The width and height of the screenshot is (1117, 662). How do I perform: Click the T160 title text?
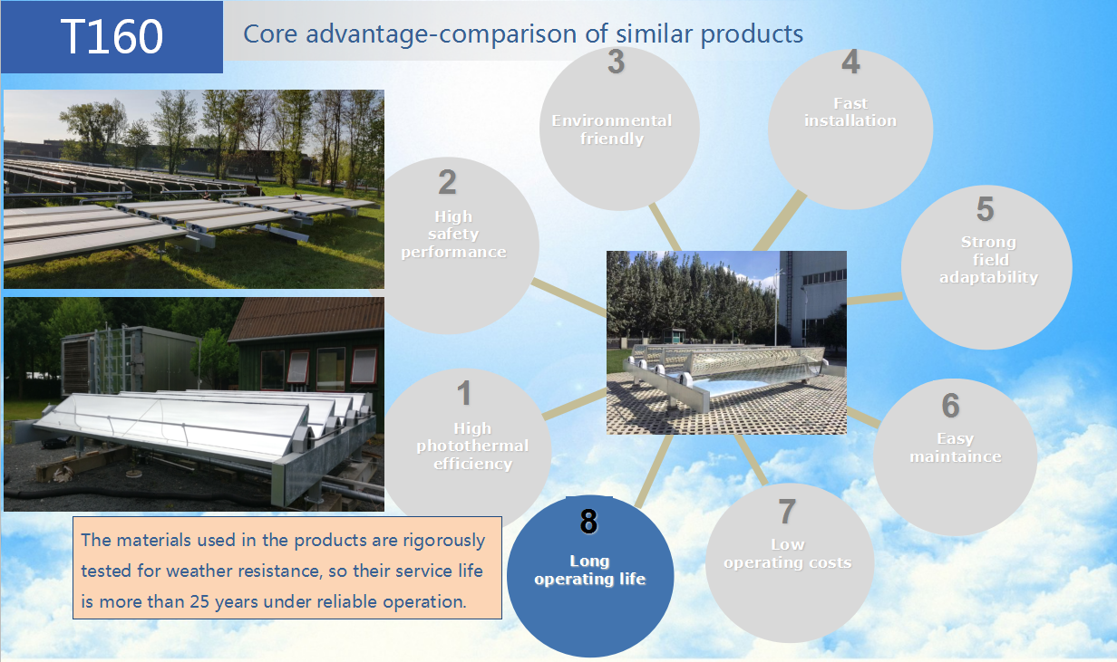point(112,36)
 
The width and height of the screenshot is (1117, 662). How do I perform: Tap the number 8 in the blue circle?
point(588,522)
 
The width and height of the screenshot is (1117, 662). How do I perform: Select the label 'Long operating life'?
point(590,570)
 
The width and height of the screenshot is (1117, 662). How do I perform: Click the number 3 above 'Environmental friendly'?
point(617,62)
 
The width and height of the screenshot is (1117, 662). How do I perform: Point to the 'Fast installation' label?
point(850,112)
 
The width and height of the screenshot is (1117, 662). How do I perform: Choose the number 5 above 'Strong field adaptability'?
point(985,208)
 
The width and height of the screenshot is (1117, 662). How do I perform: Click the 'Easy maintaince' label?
point(956,447)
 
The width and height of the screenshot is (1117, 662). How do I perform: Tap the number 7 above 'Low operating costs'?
point(787,512)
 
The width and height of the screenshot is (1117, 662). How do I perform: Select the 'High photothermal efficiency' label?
point(472,446)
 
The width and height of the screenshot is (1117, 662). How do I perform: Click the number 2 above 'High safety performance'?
point(447,182)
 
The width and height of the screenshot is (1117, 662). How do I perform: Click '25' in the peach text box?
point(199,601)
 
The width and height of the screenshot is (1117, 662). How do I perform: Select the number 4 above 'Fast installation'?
point(850,62)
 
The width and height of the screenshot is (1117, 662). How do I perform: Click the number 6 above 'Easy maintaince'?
point(950,406)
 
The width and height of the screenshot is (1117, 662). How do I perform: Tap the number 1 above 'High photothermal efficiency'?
point(464,394)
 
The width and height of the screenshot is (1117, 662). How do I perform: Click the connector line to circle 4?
point(779,221)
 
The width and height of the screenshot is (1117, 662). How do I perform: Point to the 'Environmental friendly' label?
point(612,130)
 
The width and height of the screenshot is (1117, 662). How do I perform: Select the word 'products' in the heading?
point(752,34)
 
